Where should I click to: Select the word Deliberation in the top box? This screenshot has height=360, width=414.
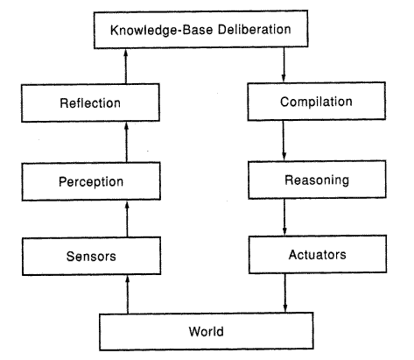coord(255,29)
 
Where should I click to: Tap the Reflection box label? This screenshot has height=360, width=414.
coord(90,103)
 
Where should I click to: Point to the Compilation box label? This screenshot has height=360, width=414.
coord(316,102)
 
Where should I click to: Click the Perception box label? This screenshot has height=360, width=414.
coord(91,181)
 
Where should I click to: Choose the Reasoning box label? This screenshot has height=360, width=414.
coord(317,180)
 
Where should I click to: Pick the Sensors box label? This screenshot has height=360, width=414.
coord(91,257)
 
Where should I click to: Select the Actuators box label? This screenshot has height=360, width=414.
coord(318,255)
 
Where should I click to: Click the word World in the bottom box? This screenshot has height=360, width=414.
coord(207,332)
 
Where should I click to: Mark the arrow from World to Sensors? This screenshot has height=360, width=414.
coord(127,294)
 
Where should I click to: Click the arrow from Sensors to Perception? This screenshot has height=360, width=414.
coord(127,219)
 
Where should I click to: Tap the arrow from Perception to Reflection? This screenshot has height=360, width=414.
coord(126,142)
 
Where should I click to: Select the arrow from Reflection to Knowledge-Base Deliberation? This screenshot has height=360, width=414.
coord(126,67)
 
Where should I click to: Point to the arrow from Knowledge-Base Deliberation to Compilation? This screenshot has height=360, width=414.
coord(284,65)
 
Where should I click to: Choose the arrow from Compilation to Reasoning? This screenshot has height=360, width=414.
coord(284,140)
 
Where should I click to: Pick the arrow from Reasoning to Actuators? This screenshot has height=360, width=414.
coord(284,217)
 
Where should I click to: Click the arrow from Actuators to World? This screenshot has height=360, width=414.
coord(285,293)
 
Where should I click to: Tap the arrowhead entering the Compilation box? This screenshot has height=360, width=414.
coord(284,78)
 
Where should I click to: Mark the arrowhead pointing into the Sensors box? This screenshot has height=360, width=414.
coord(127,279)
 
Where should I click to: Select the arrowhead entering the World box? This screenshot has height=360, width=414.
coord(285,308)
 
